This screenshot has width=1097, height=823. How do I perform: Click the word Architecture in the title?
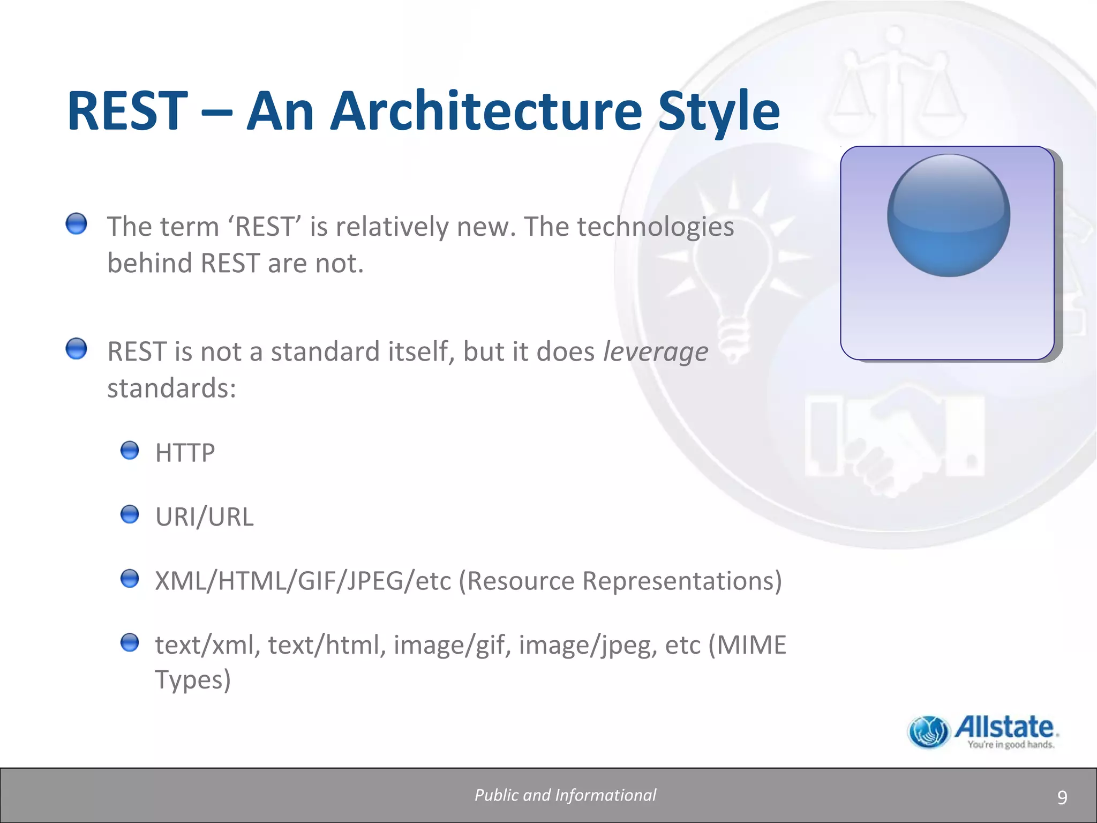[485, 111]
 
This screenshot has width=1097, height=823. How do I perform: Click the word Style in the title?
[719, 111]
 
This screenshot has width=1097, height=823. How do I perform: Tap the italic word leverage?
[655, 352]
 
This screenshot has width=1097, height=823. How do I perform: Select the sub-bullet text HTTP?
[185, 453]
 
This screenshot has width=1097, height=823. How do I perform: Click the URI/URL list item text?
[204, 517]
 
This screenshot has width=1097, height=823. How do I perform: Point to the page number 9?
[1062, 798]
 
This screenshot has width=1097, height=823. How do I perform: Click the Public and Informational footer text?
[565, 795]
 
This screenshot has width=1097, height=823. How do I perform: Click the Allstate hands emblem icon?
[928, 732]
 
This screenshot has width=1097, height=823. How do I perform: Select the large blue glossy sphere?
[949, 215]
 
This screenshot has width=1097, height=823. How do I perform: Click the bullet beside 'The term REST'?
[77, 223]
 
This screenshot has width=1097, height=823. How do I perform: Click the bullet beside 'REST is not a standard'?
[77, 349]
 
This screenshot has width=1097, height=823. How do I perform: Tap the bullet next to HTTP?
[130, 450]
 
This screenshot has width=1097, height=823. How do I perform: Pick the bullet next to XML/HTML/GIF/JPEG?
[130, 579]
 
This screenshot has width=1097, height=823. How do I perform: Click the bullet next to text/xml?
[130, 642]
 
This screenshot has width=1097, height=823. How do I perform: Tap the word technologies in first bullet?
[655, 227]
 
